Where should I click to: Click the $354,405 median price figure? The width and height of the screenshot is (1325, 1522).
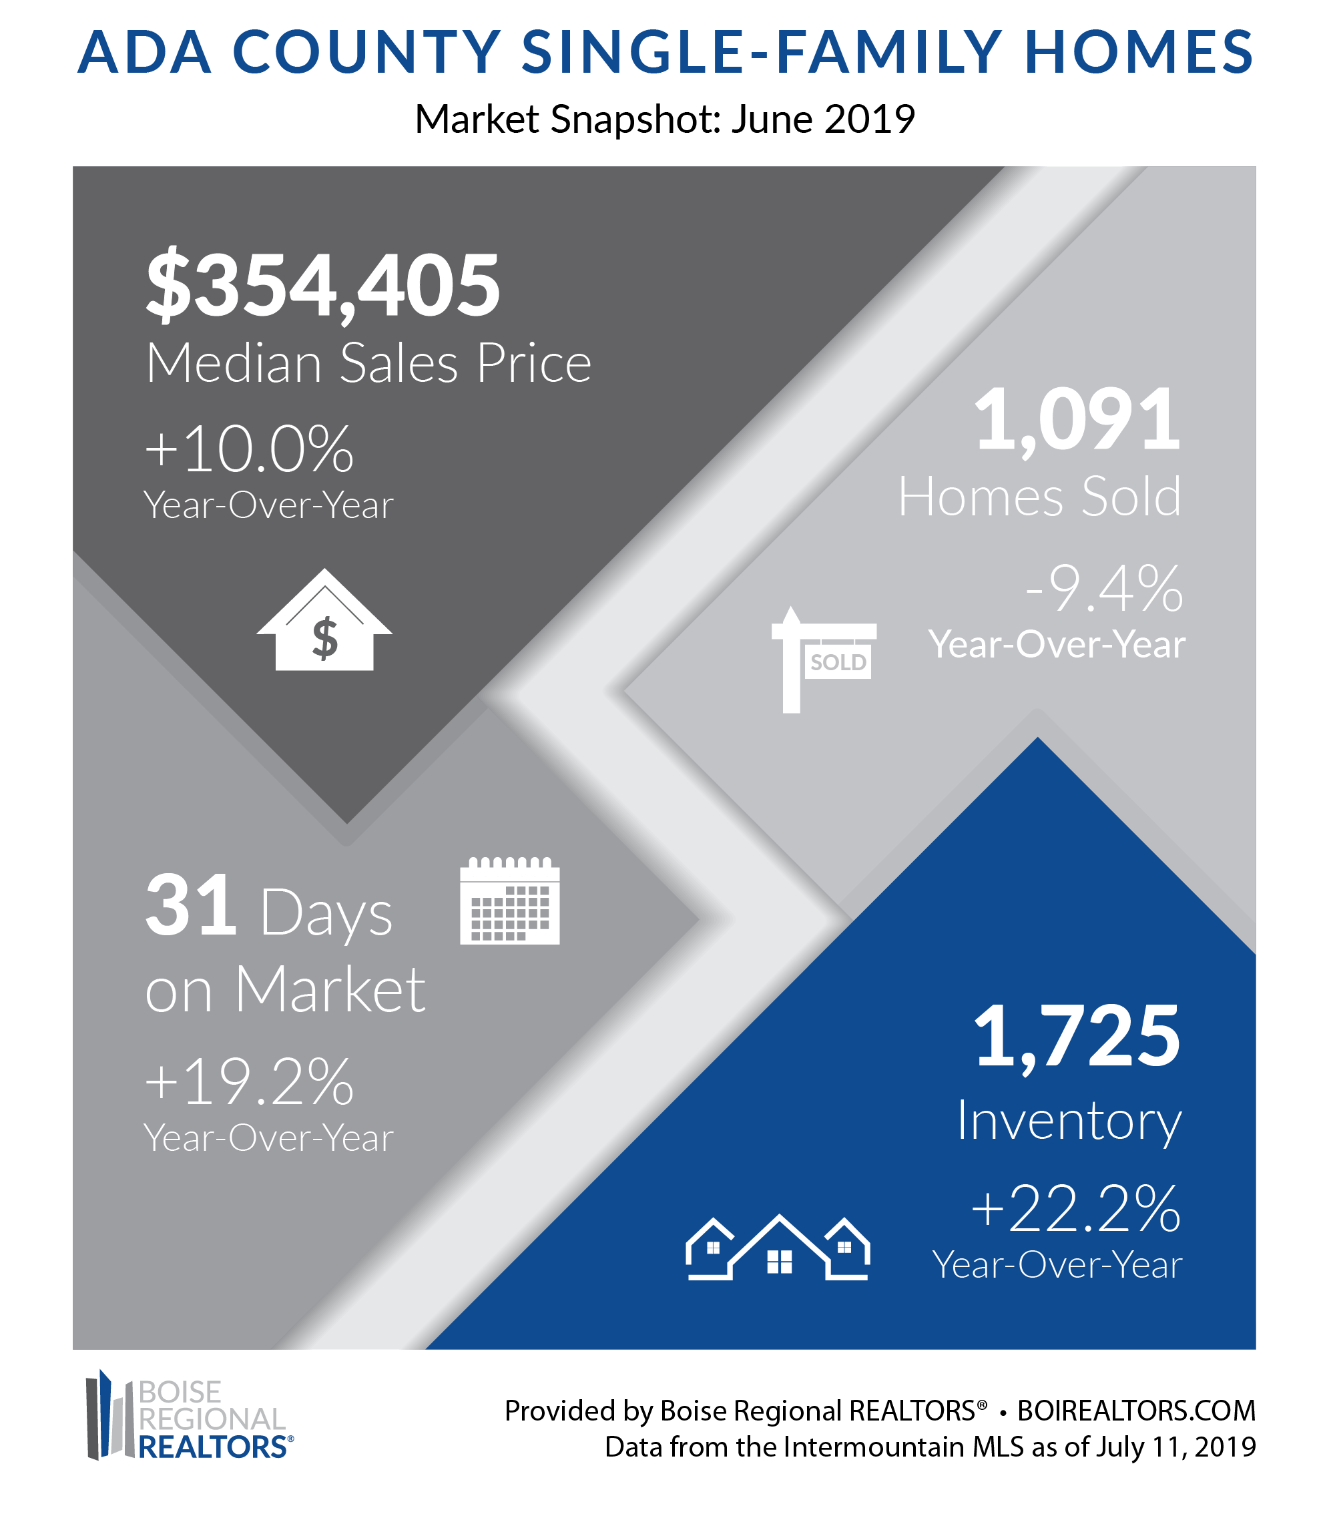click(323, 286)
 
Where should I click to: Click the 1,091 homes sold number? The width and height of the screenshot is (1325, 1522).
click(1077, 419)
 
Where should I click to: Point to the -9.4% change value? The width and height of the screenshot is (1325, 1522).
click(1103, 588)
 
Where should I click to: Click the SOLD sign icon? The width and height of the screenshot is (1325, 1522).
click(823, 659)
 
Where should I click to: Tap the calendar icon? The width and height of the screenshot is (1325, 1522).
click(509, 900)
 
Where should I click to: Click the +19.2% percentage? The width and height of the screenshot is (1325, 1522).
click(249, 1081)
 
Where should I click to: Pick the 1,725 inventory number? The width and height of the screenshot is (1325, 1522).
click(1077, 1036)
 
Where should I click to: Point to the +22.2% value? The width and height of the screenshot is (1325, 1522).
click(1076, 1208)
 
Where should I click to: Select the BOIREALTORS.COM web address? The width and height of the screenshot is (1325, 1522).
click(1137, 1411)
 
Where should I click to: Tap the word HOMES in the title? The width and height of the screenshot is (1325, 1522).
click(1139, 53)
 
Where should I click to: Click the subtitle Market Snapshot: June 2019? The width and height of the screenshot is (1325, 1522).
click(665, 119)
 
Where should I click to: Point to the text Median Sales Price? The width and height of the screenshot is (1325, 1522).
click(368, 364)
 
